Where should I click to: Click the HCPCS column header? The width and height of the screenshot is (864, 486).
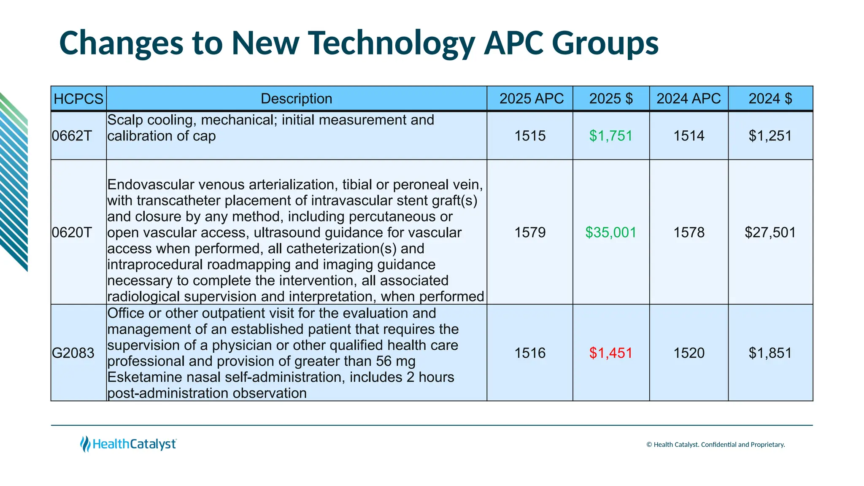click(x=78, y=99)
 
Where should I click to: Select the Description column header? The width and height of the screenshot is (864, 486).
click(x=296, y=99)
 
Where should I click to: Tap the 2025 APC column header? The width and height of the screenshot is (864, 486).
click(x=531, y=99)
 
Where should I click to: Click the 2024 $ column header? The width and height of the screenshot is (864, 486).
click(x=770, y=99)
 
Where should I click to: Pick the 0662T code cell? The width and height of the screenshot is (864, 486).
click(x=72, y=136)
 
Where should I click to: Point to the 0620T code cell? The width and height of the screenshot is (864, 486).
click(x=72, y=232)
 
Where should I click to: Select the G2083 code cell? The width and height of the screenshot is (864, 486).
click(x=73, y=353)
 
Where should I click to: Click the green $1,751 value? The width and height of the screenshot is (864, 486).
click(x=610, y=136)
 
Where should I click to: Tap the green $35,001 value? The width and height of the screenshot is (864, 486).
click(x=610, y=232)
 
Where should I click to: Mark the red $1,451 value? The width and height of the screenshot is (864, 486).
click(x=610, y=353)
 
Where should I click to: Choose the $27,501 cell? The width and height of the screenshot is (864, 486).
click(x=770, y=232)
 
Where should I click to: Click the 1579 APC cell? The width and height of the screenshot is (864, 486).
click(x=530, y=232)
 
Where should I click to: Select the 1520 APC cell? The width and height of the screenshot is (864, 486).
click(x=688, y=353)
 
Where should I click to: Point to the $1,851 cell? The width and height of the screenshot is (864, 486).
click(x=770, y=353)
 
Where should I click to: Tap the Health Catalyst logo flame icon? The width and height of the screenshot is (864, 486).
click(x=85, y=444)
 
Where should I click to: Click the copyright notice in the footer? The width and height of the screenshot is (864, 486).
click(x=715, y=445)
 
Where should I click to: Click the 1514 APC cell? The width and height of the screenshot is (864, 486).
click(x=688, y=136)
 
